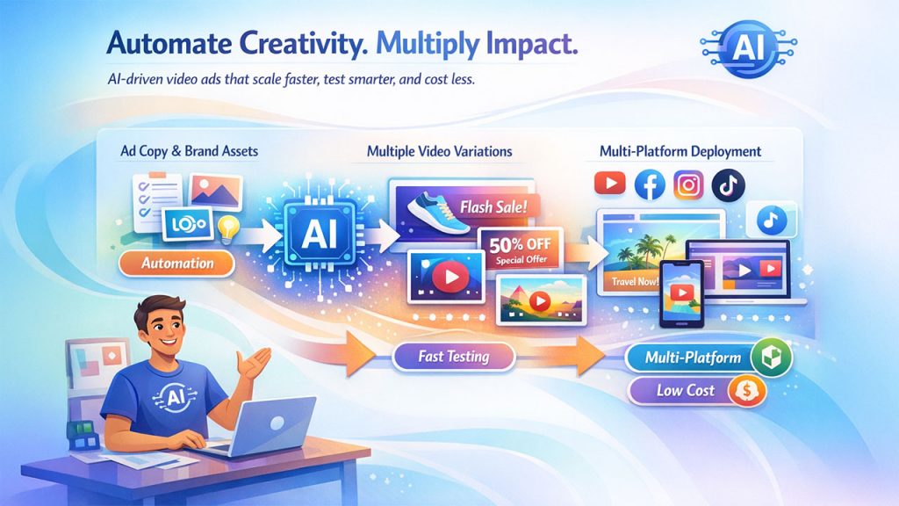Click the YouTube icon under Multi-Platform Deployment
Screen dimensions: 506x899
(x=608, y=184)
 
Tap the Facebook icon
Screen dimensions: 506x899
(x=649, y=184)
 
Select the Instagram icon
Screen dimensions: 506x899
(x=689, y=184)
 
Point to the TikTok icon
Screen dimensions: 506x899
(x=729, y=184)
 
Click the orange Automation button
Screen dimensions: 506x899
(x=177, y=263)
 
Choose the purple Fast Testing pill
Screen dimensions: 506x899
(x=454, y=358)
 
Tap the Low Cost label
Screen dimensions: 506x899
(x=686, y=390)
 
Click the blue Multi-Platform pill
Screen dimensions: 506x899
(x=693, y=358)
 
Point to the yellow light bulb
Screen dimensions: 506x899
(x=230, y=228)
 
